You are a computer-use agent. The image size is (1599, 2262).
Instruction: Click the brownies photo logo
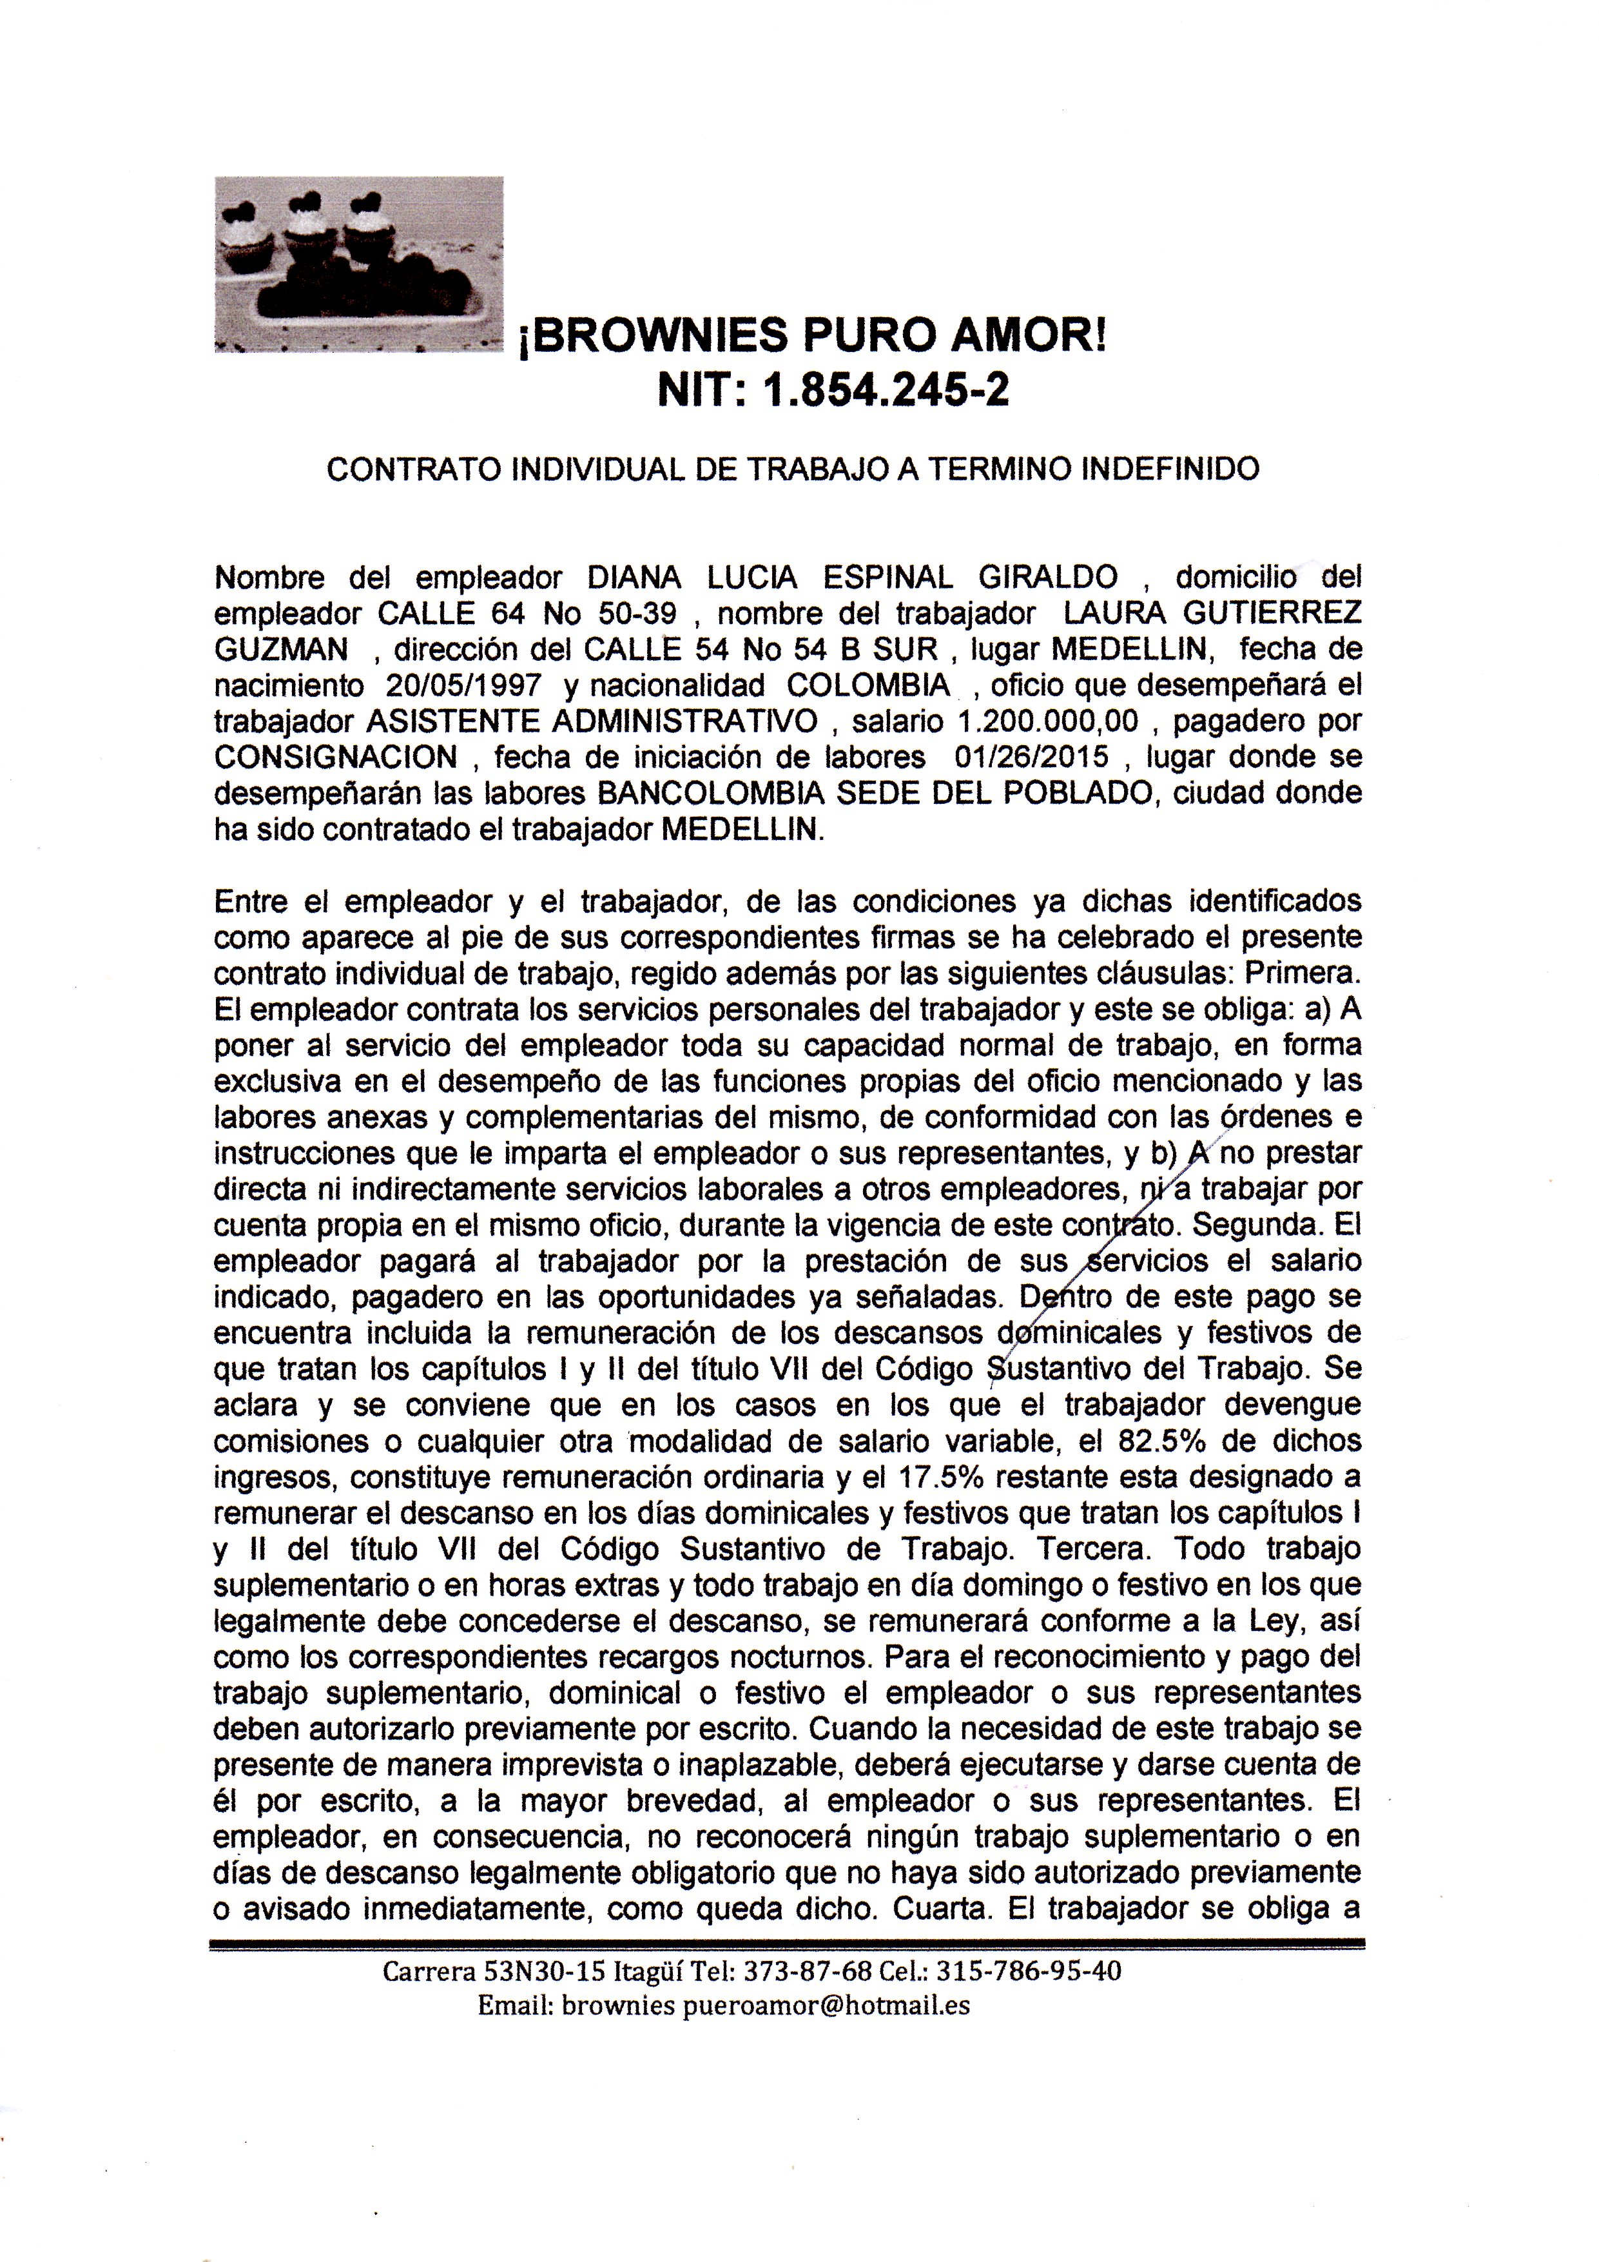[x=358, y=264]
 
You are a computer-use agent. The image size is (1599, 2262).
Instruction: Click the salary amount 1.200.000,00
[x=1047, y=721]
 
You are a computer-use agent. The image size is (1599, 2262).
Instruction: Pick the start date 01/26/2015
[x=1031, y=757]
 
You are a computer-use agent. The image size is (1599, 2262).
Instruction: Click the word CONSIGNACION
[x=336, y=757]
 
